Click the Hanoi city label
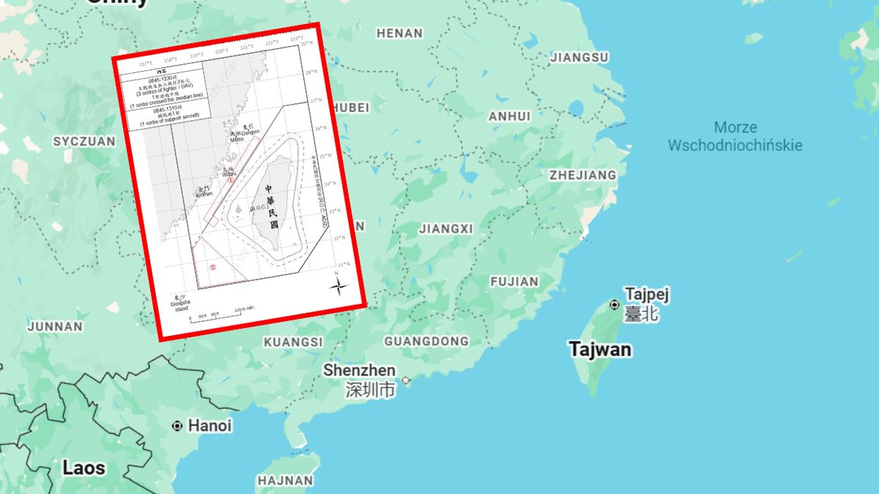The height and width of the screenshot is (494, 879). (209, 425)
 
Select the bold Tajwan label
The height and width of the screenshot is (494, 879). (600, 349)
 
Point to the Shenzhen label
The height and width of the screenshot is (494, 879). (359, 370)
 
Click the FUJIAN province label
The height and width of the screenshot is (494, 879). (513, 281)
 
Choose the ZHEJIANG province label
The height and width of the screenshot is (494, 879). (582, 175)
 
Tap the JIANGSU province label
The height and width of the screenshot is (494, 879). (579, 57)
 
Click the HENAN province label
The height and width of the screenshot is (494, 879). (399, 33)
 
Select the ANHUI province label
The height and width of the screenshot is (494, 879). (509, 116)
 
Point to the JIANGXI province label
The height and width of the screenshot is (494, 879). (446, 229)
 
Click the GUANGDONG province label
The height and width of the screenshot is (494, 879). (426, 342)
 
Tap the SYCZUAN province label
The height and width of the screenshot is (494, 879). (84, 141)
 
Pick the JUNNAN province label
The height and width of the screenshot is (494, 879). (55, 326)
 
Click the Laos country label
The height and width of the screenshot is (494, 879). (84, 468)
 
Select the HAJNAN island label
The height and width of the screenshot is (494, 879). (285, 481)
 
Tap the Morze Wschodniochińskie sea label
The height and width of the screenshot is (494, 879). (735, 136)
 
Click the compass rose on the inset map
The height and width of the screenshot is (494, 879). (338, 285)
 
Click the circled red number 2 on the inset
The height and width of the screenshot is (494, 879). (212, 267)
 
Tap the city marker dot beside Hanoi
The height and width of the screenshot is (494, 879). (177, 425)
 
